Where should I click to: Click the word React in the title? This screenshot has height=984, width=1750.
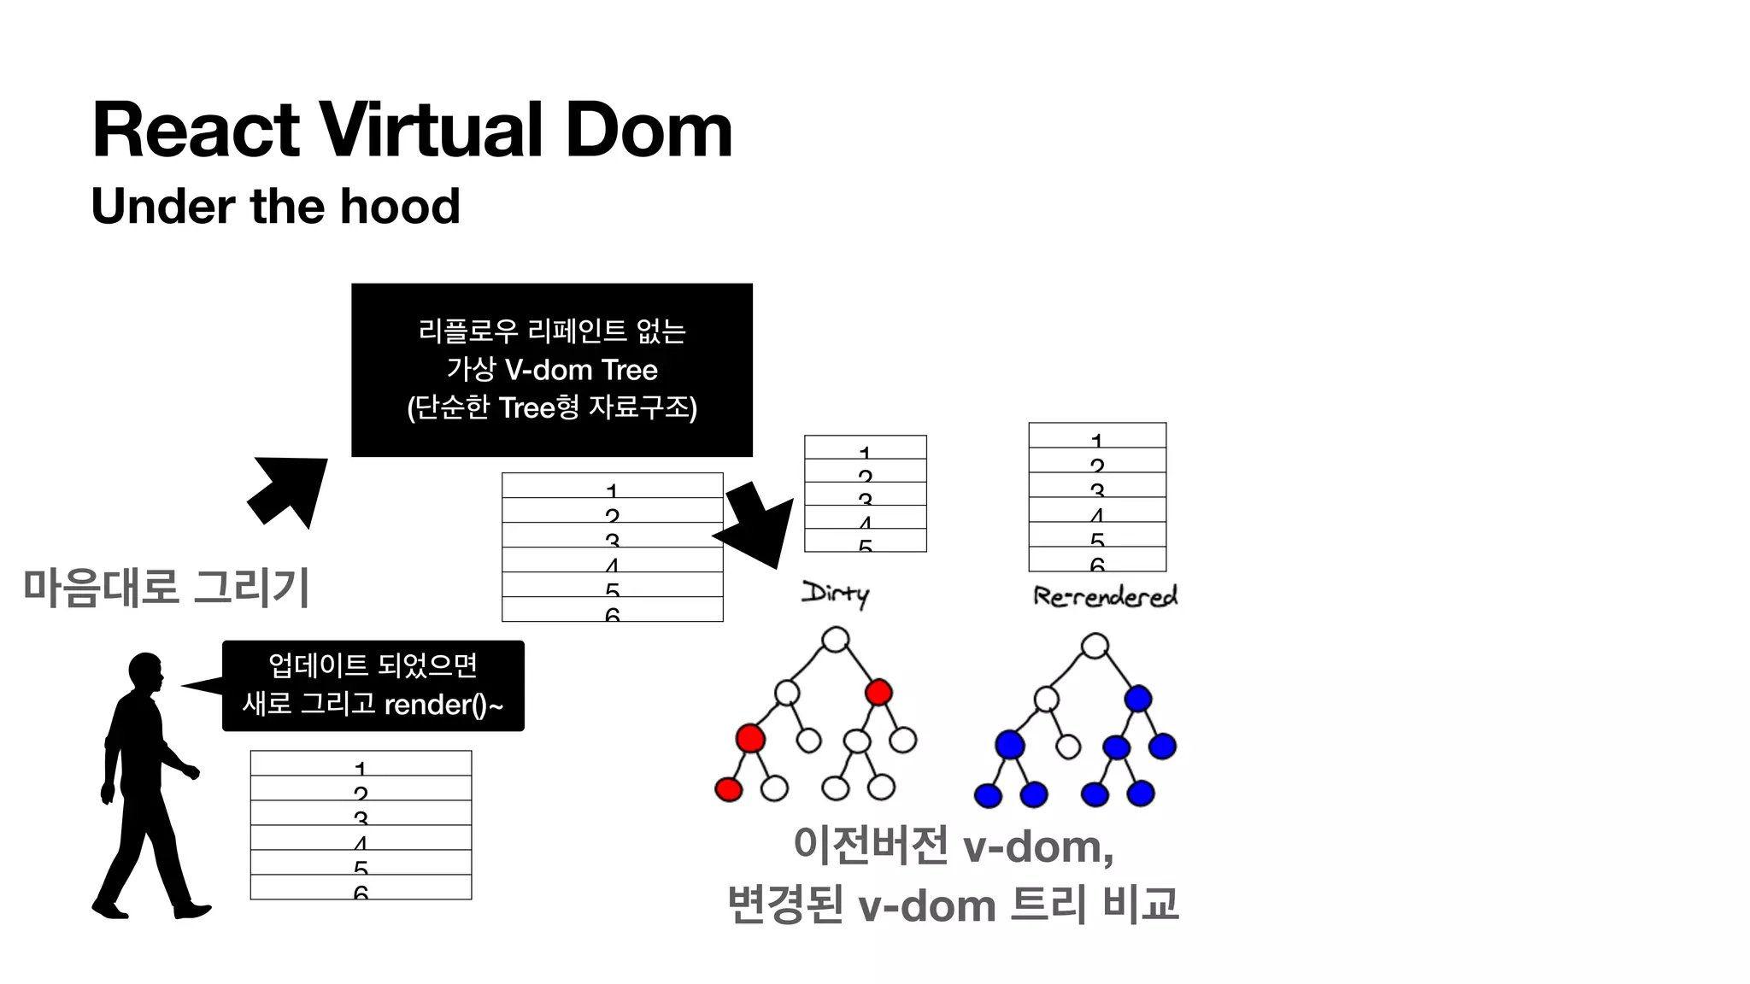pos(196,130)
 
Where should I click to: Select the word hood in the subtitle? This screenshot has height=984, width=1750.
pos(400,206)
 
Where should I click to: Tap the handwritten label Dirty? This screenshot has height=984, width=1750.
pos(835,593)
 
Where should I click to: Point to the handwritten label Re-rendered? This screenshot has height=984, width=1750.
pos(1105,594)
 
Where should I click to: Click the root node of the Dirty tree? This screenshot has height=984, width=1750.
pos(835,639)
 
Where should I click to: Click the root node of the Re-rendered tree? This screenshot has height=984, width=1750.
pos(1095,646)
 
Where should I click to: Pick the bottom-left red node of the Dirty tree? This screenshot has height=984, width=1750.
pos(728,788)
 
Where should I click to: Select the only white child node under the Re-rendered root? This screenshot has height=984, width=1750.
pos(1046,700)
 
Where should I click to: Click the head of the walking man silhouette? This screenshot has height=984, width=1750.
pos(145,671)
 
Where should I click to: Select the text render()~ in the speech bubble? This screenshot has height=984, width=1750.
pos(443,705)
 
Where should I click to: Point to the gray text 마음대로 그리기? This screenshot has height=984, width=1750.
pos(166,588)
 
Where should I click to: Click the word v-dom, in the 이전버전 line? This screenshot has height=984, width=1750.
pos(1037,846)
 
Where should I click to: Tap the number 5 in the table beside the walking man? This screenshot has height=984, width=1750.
pos(361,868)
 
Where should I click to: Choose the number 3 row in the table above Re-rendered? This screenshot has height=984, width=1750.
pos(1097,491)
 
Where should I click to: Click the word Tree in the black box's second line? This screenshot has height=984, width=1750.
pos(630,370)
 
